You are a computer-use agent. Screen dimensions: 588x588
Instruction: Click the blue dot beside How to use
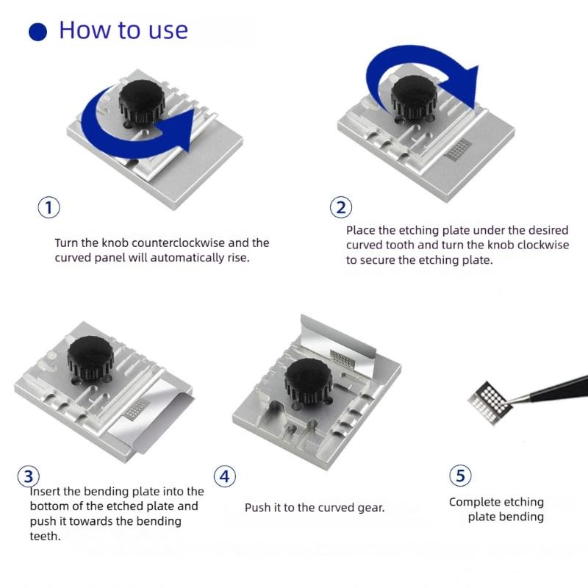pyautogui.click(x=37, y=32)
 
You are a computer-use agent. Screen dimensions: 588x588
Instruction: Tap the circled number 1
pyautogui.click(x=49, y=207)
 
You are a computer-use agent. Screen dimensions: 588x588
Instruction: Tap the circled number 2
pyautogui.click(x=341, y=207)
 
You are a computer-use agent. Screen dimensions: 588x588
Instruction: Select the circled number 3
pyautogui.click(x=29, y=476)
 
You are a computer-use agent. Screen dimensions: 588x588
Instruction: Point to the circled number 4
pyautogui.click(x=225, y=476)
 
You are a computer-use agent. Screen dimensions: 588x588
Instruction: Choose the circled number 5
pyautogui.click(x=460, y=476)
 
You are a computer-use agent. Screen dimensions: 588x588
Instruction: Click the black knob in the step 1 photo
pyautogui.click(x=142, y=102)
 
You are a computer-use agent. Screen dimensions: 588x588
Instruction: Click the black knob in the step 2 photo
pyautogui.click(x=414, y=98)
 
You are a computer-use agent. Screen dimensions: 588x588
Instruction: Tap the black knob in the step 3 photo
pyautogui.click(x=90, y=358)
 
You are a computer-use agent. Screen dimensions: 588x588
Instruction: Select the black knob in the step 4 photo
pyautogui.click(x=309, y=381)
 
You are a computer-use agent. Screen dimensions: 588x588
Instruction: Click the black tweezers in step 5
pyautogui.click(x=550, y=391)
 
